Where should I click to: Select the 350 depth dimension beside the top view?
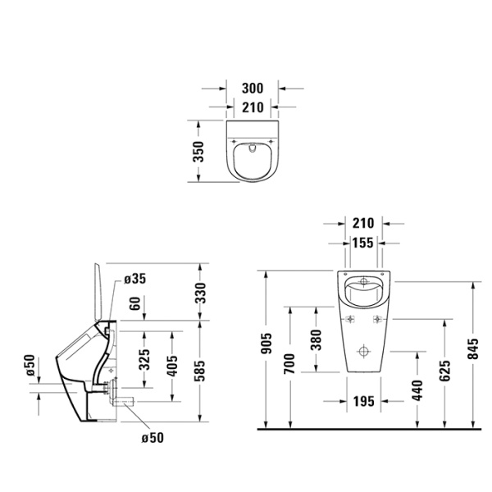pyautogui.click(x=197, y=152)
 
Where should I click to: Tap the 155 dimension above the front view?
pyautogui.click(x=362, y=243)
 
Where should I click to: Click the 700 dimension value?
pyautogui.click(x=289, y=364)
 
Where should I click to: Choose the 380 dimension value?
pyautogui.click(x=316, y=339)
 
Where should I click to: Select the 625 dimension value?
pyautogui.click(x=443, y=371)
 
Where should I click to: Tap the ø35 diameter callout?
pyautogui.click(x=135, y=280)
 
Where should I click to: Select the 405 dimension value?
pyautogui.click(x=171, y=365)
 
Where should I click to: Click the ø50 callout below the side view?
pyautogui.click(x=153, y=437)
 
